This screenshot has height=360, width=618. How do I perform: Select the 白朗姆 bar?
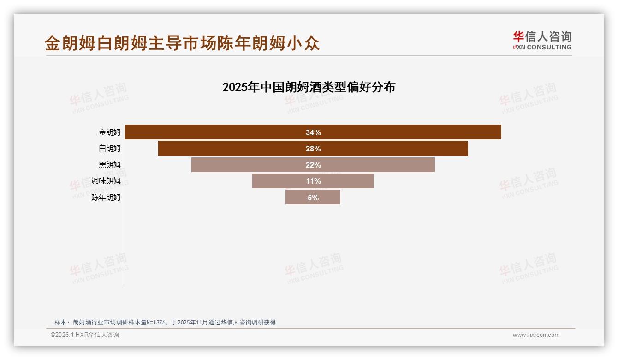pyautogui.click(x=231, y=148)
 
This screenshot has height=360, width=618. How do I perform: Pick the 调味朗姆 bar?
pyautogui.click(x=277, y=181)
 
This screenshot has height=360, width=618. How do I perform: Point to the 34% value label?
pyautogui.click(x=313, y=132)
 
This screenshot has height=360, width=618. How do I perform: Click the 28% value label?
pyautogui.click(x=313, y=149)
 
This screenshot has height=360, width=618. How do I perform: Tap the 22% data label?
pyautogui.click(x=313, y=165)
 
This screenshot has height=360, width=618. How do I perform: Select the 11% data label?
pyautogui.click(x=313, y=181)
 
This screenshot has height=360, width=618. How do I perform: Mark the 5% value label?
pyautogui.click(x=313, y=198)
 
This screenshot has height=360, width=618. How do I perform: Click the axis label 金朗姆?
pyautogui.click(x=110, y=132)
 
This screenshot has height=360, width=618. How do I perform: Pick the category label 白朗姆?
pyautogui.click(x=110, y=148)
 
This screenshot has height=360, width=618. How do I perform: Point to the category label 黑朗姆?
pyautogui.click(x=110, y=165)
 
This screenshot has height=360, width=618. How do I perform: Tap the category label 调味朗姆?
pyautogui.click(x=106, y=181)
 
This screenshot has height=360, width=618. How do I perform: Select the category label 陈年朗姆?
pyautogui.click(x=106, y=197)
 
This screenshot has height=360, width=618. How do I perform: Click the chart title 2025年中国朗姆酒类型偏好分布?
pyautogui.click(x=309, y=87)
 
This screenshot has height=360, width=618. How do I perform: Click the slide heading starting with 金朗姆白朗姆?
pyautogui.click(x=182, y=43)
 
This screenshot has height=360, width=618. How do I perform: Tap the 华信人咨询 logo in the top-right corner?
pyautogui.click(x=542, y=40)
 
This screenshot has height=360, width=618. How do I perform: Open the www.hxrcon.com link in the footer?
pyautogui.click(x=536, y=335)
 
